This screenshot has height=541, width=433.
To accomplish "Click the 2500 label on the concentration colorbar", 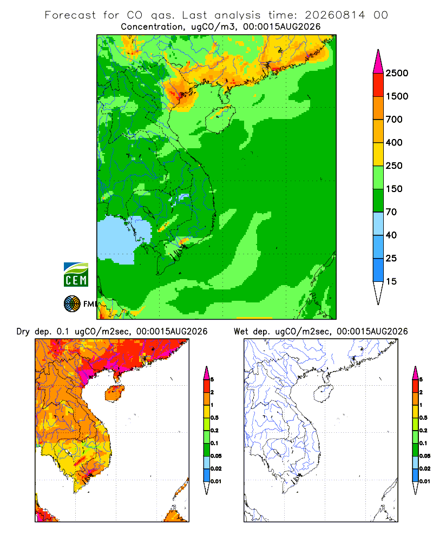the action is (397, 73).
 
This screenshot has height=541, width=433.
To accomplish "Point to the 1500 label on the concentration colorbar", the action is (397, 96).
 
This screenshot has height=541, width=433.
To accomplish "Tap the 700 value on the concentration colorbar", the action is (394, 120).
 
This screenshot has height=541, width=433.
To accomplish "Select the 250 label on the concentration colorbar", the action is (394, 166).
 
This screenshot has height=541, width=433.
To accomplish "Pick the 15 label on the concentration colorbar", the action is (391, 281).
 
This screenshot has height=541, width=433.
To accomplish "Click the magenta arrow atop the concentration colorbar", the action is (378, 62).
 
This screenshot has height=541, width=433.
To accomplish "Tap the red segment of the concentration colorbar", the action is (378, 85).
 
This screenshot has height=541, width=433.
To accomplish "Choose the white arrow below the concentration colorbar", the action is (378, 293).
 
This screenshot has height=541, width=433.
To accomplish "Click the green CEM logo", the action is (76, 275).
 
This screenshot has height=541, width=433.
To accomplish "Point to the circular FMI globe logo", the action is (72, 304).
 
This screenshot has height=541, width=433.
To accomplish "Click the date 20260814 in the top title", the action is (334, 15).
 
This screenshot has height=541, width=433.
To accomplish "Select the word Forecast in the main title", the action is (70, 15).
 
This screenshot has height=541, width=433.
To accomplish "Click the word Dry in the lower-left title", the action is (23, 332).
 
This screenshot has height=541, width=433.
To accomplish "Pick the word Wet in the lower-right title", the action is (241, 332).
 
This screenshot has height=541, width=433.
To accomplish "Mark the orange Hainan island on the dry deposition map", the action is (115, 393).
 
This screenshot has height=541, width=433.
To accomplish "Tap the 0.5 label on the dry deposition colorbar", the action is (214, 418).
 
